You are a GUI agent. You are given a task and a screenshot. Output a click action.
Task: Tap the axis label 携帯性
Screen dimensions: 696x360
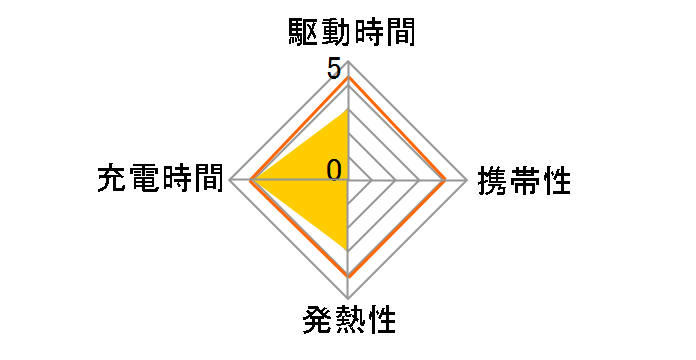pyautogui.click(x=524, y=181)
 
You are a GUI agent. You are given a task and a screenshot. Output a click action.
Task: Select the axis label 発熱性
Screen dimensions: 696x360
pyautogui.click(x=347, y=323)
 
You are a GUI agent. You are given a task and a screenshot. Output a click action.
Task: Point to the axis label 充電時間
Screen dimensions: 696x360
pyautogui.click(x=159, y=181)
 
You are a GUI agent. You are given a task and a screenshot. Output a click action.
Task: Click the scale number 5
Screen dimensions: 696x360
pyautogui.click(x=333, y=69)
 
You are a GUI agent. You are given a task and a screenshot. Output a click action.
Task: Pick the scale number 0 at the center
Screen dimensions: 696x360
pyautogui.click(x=334, y=169)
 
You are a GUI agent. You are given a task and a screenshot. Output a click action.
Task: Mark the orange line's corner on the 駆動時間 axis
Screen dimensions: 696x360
pyautogui.click(x=348, y=77)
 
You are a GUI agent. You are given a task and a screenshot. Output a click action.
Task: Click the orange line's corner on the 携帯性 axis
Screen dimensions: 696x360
pyautogui.click(x=446, y=181)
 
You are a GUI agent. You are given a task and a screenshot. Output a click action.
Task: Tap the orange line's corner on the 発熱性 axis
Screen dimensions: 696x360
pyautogui.click(x=348, y=276)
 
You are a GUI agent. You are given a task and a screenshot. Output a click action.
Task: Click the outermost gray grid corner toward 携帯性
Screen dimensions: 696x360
pyautogui.click(x=468, y=181)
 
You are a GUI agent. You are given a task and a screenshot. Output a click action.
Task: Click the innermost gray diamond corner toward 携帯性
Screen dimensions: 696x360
pyautogui.click(x=372, y=181)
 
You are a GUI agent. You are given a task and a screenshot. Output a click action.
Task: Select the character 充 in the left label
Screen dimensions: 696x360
pyautogui.click(x=112, y=181)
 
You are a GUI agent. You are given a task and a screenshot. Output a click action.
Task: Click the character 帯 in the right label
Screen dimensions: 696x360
pyautogui.click(x=524, y=181)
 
